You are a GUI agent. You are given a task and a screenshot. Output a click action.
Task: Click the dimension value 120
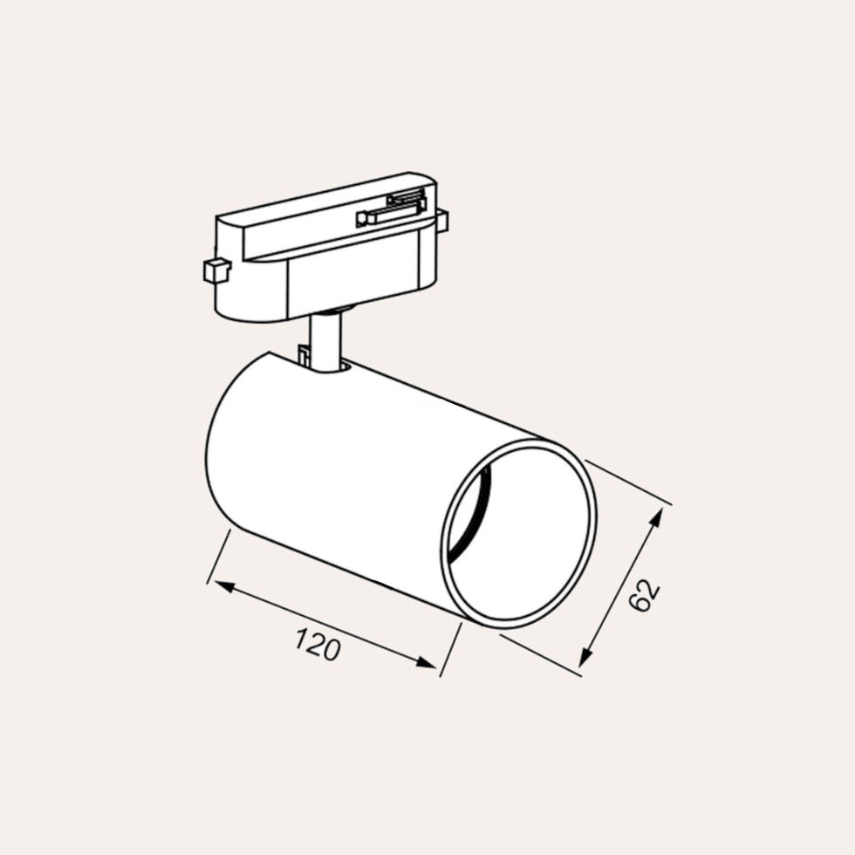(x=317, y=645)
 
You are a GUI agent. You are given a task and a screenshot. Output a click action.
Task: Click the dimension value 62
(x=644, y=595)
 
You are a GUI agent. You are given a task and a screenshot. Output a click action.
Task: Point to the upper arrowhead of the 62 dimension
(x=656, y=516)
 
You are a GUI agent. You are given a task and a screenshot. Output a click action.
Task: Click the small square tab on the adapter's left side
(x=215, y=270)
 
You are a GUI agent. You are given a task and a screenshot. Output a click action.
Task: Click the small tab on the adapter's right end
(x=441, y=221)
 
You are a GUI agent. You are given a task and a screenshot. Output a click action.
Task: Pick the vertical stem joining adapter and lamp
(x=325, y=342)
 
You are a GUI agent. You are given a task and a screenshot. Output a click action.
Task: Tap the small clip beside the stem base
(x=304, y=355)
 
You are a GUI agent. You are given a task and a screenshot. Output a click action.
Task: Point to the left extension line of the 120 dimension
(x=218, y=557)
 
